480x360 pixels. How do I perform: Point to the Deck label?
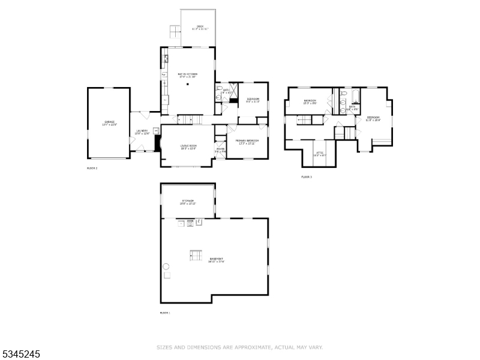click(x=199, y=27)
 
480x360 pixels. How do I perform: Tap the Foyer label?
click(x=220, y=150)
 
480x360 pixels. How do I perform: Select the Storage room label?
click(x=187, y=202)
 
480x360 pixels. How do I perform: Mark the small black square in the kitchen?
click(x=188, y=85)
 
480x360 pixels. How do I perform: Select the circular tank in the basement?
click(x=166, y=266)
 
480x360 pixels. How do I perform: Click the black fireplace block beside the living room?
click(x=158, y=143)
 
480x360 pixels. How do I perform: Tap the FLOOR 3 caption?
click(x=307, y=177)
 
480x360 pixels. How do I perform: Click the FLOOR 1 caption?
click(x=165, y=313)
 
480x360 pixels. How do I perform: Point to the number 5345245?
click(x=20, y=354)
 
